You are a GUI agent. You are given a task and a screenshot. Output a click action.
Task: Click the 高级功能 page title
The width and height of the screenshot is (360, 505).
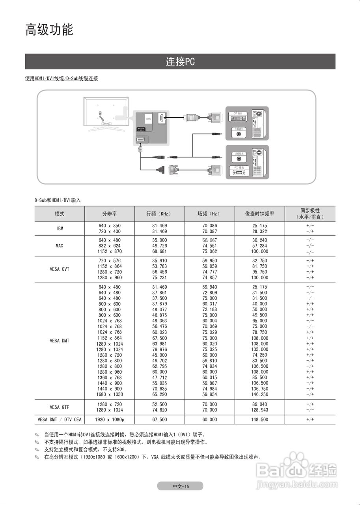click(49, 30)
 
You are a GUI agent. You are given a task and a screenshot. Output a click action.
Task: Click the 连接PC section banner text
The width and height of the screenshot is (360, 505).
click(180, 62)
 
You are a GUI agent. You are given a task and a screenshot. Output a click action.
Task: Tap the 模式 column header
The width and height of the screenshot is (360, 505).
click(60, 214)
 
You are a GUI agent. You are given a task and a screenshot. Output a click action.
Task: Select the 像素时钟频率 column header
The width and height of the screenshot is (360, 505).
click(259, 214)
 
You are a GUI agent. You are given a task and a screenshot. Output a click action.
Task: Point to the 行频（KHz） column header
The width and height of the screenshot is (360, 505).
click(159, 214)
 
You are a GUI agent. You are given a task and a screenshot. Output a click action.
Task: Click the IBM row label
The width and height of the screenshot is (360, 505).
click(60, 228)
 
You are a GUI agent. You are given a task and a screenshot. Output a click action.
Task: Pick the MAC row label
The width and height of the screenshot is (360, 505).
click(60, 246)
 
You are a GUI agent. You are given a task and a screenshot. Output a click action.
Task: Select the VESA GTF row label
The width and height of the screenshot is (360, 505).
click(60, 407)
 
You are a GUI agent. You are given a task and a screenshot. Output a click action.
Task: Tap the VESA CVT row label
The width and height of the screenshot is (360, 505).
click(60, 269)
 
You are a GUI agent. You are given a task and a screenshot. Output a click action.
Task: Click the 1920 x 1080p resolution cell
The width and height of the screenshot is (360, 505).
click(109, 420)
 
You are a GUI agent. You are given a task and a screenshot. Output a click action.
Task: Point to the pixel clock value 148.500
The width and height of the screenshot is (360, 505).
click(259, 420)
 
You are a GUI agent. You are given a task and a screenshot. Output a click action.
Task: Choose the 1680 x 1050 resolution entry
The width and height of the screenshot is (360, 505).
click(109, 395)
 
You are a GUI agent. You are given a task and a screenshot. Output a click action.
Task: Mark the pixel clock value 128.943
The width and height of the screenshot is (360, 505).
click(259, 410)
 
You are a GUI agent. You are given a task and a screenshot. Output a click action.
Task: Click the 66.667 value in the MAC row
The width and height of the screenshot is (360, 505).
click(210, 240)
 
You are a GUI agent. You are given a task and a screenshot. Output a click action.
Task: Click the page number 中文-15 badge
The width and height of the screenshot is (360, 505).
click(180, 486)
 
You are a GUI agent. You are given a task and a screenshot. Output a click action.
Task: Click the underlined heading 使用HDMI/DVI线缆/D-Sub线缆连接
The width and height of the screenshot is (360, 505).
click(62, 79)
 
